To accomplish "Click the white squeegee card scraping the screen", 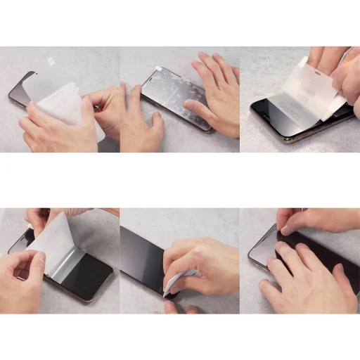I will coord(173,285).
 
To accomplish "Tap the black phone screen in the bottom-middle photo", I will coord(141,260).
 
